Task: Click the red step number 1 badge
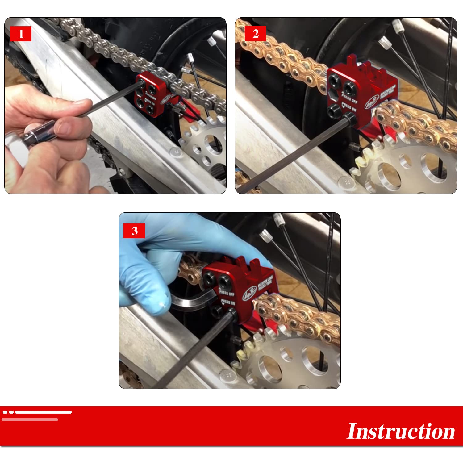click(x=21, y=34)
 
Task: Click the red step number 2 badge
click(x=255, y=34)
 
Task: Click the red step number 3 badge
click(x=134, y=231)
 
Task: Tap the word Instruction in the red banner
click(x=401, y=431)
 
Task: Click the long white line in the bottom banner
click(x=43, y=412)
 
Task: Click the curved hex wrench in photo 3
click(x=191, y=301)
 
